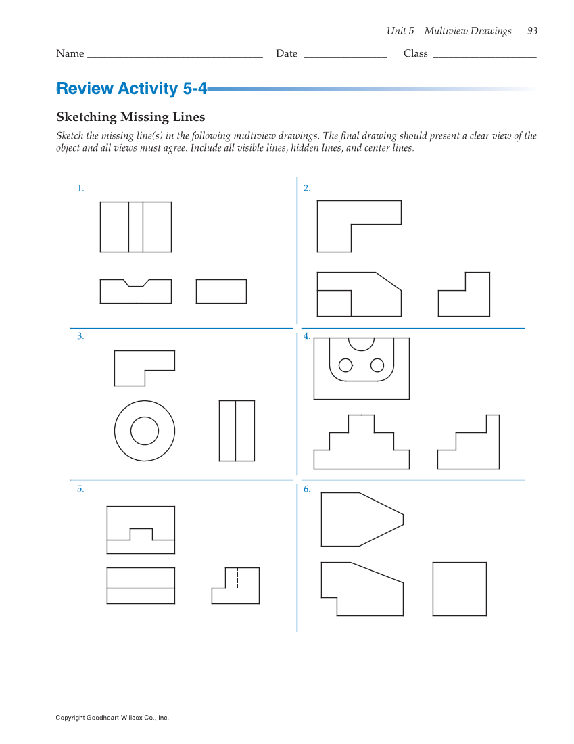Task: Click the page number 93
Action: pyautogui.click(x=532, y=31)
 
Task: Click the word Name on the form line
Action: pyautogui.click(x=70, y=53)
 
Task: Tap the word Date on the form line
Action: pyautogui.click(x=287, y=53)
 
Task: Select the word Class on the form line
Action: pyautogui.click(x=416, y=53)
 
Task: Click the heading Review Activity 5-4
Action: pyautogui.click(x=131, y=88)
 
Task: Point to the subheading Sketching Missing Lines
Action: pyautogui.click(x=130, y=117)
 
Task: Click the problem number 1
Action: pyautogui.click(x=80, y=189)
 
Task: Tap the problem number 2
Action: pyautogui.click(x=307, y=189)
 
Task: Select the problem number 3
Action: pyautogui.click(x=80, y=336)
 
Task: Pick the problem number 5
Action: pyautogui.click(x=80, y=489)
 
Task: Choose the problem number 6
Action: pyautogui.click(x=307, y=489)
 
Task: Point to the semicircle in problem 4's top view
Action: pyautogui.click(x=361, y=350)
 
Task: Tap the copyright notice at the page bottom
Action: pyautogui.click(x=112, y=718)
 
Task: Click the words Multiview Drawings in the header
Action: pyautogui.click(x=468, y=31)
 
